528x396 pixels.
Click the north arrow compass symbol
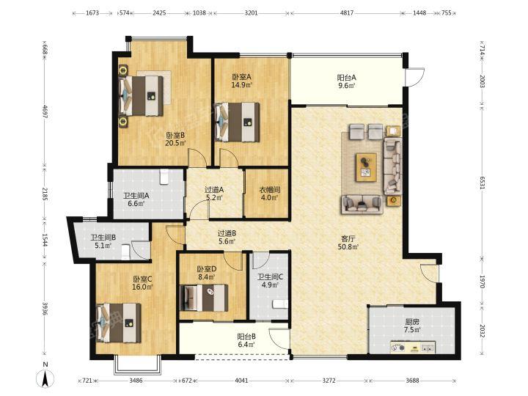pos(45,375)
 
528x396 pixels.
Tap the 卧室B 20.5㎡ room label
pos(175,139)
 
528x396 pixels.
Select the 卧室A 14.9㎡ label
pos(242,81)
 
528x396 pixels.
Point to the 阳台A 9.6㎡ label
pos(347,81)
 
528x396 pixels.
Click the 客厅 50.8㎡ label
pos(348,243)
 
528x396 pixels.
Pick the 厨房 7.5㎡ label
pos(412,326)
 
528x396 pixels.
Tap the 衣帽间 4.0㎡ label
pos(270,194)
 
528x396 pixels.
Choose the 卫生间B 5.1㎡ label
pos(103,241)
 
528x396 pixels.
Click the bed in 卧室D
pos(204,298)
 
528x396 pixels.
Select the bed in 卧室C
pos(119,323)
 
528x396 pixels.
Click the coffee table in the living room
pos(367,167)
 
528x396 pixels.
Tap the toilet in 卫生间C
pos(280,304)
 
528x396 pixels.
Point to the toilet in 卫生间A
pos(164,177)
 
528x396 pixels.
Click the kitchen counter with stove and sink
pos(413,347)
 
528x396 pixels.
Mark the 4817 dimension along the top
pos(347,13)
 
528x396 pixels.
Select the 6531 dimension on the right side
pos(483,182)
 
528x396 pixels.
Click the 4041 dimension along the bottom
pos(241,381)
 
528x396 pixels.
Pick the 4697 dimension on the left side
pos(45,111)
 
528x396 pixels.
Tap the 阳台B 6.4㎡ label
pos(246,340)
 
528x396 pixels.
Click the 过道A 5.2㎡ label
pos(214,194)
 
